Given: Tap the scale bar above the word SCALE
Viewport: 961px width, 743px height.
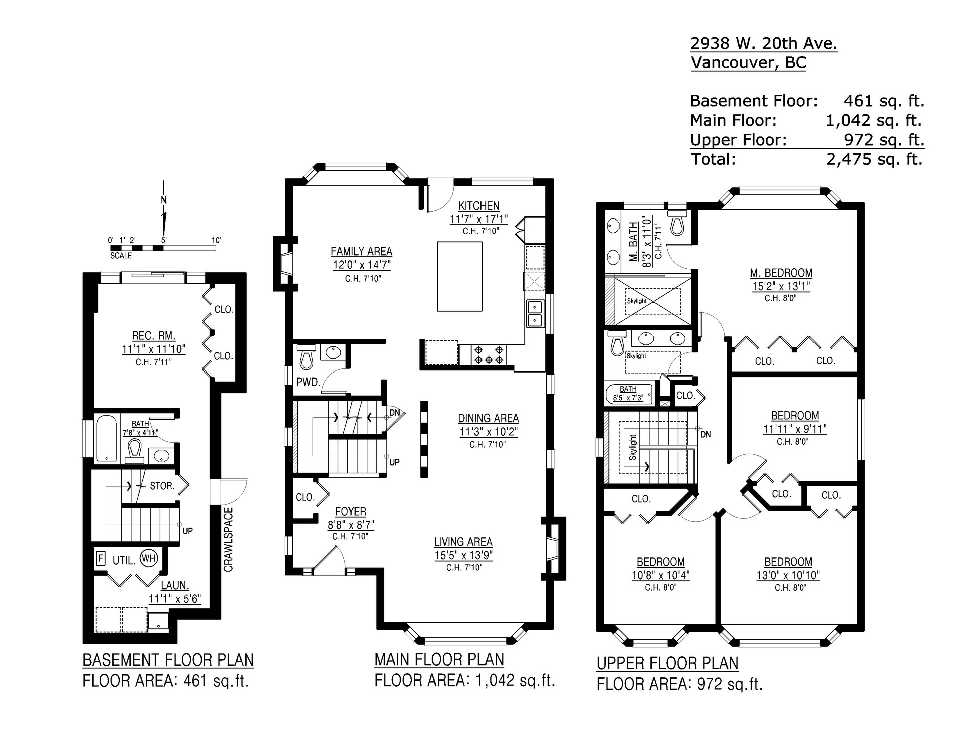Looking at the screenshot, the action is [x=163, y=247].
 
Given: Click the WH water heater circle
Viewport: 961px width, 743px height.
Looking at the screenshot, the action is [x=149, y=558].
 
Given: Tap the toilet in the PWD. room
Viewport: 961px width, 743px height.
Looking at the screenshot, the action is [x=305, y=356].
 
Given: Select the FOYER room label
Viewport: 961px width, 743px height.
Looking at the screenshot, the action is [x=351, y=512].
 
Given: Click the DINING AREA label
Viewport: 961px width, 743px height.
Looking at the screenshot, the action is [x=489, y=418].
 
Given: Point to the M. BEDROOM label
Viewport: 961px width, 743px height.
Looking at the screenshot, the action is [x=781, y=273].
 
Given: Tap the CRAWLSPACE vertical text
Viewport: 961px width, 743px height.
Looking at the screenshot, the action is [x=228, y=539].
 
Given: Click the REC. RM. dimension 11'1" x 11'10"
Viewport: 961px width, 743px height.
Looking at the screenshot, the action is [x=154, y=349].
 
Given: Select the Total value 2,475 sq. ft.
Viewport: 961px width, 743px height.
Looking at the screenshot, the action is [x=874, y=159].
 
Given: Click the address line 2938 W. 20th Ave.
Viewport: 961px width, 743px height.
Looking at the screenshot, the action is [x=764, y=44].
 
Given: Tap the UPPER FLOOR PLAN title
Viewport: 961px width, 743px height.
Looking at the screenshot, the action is [x=667, y=663].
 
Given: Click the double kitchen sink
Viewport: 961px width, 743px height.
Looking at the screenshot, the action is [x=535, y=313].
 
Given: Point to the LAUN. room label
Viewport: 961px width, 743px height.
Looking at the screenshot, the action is [x=175, y=585].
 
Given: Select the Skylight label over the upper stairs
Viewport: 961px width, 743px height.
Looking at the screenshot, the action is [x=633, y=447].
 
